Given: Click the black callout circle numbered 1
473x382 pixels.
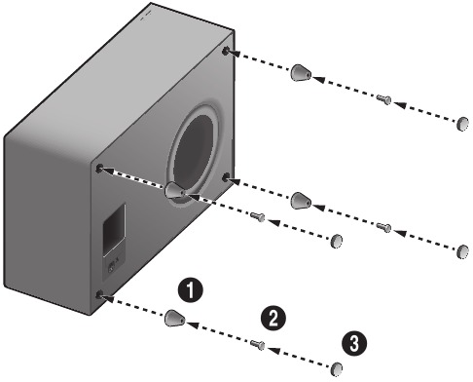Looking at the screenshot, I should (x=194, y=289).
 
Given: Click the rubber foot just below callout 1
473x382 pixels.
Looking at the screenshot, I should (x=173, y=318).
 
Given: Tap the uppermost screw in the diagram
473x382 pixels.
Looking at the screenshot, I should (x=383, y=98).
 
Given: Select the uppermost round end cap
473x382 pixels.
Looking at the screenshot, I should (x=464, y=124).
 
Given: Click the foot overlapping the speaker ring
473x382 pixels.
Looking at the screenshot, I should (x=176, y=192).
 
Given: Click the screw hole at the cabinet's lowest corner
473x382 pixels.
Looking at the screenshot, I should (x=101, y=292).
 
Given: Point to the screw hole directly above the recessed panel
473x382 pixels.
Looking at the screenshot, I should (x=100, y=169).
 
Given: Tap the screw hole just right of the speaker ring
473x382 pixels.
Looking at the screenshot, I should (x=227, y=176).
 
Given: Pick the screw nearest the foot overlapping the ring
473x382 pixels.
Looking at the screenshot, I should (x=258, y=215).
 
